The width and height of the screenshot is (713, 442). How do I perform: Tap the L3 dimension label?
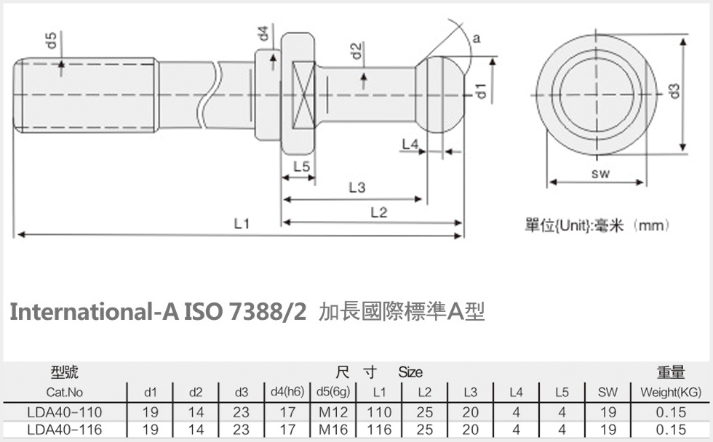[356, 188]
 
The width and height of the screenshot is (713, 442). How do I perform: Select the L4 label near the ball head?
[410, 144]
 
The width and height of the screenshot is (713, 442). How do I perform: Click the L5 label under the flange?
[301, 167]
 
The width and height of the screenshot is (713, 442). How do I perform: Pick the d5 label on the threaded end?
[52, 41]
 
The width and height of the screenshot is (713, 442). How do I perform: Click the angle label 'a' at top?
[476, 39]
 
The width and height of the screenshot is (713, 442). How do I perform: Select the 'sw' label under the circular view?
[600, 173]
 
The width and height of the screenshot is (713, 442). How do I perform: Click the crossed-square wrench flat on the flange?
[303, 92]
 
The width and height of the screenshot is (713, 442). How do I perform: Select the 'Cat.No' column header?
[65, 393]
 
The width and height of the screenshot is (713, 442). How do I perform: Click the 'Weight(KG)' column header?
[670, 393]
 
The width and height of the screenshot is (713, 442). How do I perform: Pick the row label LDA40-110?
[65, 412]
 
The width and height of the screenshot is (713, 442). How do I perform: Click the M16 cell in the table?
[334, 430]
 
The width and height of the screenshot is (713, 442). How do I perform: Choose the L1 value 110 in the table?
[379, 412]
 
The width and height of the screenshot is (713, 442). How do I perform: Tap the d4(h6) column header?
[287, 393]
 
